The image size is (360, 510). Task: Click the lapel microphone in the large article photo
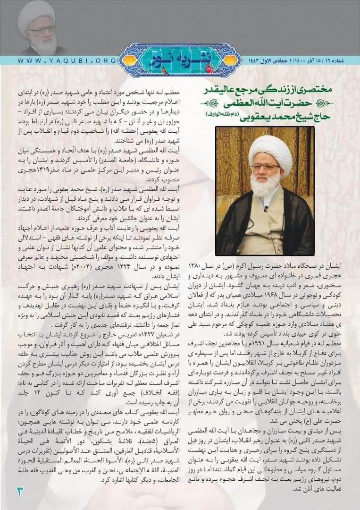[267, 208]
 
